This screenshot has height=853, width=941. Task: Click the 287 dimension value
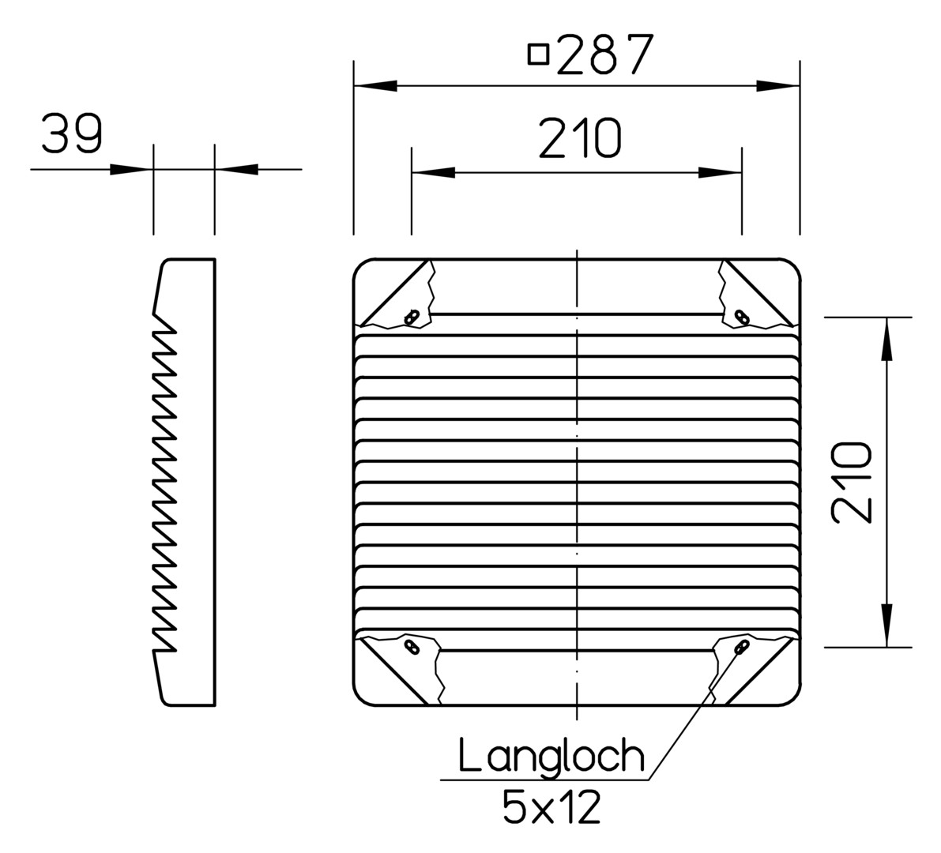point(605,54)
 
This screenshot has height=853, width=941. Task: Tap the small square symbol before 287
point(538,54)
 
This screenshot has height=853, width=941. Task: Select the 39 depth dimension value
point(72,133)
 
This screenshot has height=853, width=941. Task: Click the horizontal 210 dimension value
point(580,138)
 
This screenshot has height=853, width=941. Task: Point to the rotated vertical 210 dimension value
point(851,483)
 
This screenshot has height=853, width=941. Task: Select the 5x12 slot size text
point(551,807)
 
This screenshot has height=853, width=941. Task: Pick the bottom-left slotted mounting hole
point(412,646)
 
